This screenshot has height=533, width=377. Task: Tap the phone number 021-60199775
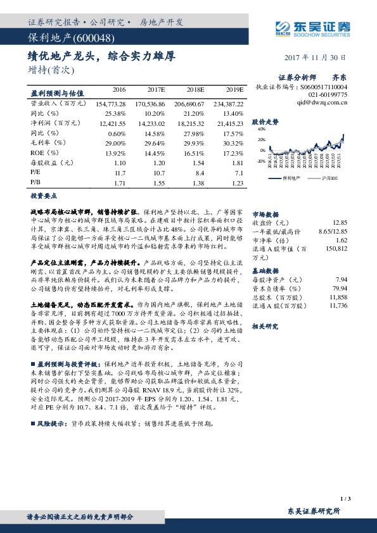pos(326,94)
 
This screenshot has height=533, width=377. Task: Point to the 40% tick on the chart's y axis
pos(262,129)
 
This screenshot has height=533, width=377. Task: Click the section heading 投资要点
pos(44,196)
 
